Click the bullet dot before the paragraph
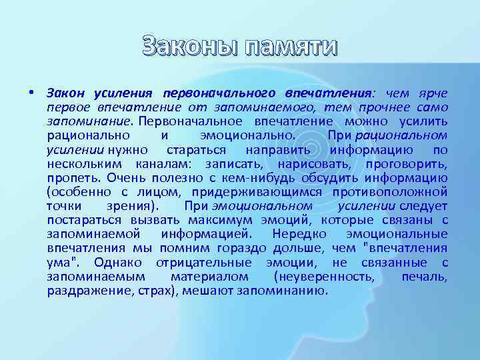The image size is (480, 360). pos(31,93)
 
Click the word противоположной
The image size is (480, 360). pos(395,192)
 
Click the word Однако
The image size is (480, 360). pos(120,262)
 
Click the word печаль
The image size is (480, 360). pos(424,277)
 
